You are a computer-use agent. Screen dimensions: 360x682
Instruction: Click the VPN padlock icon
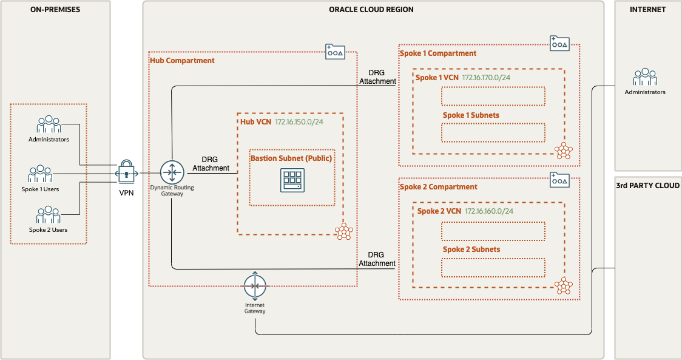coord(126,172)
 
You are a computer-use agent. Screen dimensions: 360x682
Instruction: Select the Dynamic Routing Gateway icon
coord(172,172)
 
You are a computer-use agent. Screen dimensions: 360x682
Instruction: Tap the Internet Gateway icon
coord(255,286)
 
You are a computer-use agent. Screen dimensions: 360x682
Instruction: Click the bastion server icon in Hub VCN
coord(292,181)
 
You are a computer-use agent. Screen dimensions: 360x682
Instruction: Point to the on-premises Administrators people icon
coord(49,124)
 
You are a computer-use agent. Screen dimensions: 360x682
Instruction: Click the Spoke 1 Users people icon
coord(40,174)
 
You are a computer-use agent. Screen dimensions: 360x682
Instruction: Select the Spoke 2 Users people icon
coord(49,215)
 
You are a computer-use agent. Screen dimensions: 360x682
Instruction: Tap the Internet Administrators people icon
coord(645,77)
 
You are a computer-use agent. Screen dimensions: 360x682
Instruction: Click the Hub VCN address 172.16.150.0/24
coord(299,122)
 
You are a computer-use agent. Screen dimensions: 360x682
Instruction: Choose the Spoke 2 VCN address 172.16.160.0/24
coord(489,211)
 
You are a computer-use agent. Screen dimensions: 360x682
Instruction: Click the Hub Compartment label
coord(182,61)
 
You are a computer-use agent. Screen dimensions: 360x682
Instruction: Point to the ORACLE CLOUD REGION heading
coord(371,10)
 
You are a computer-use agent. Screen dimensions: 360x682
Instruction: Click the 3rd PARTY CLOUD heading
coord(647,186)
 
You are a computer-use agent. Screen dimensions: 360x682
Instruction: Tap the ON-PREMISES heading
coord(55,10)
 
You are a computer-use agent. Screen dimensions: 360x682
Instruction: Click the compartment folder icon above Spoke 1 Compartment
coord(559,42)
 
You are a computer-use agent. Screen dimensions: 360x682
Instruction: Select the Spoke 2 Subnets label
coord(471,250)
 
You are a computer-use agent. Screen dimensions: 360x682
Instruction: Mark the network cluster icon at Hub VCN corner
coord(344,231)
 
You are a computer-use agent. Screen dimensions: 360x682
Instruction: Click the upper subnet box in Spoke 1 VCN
coord(493,96)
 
